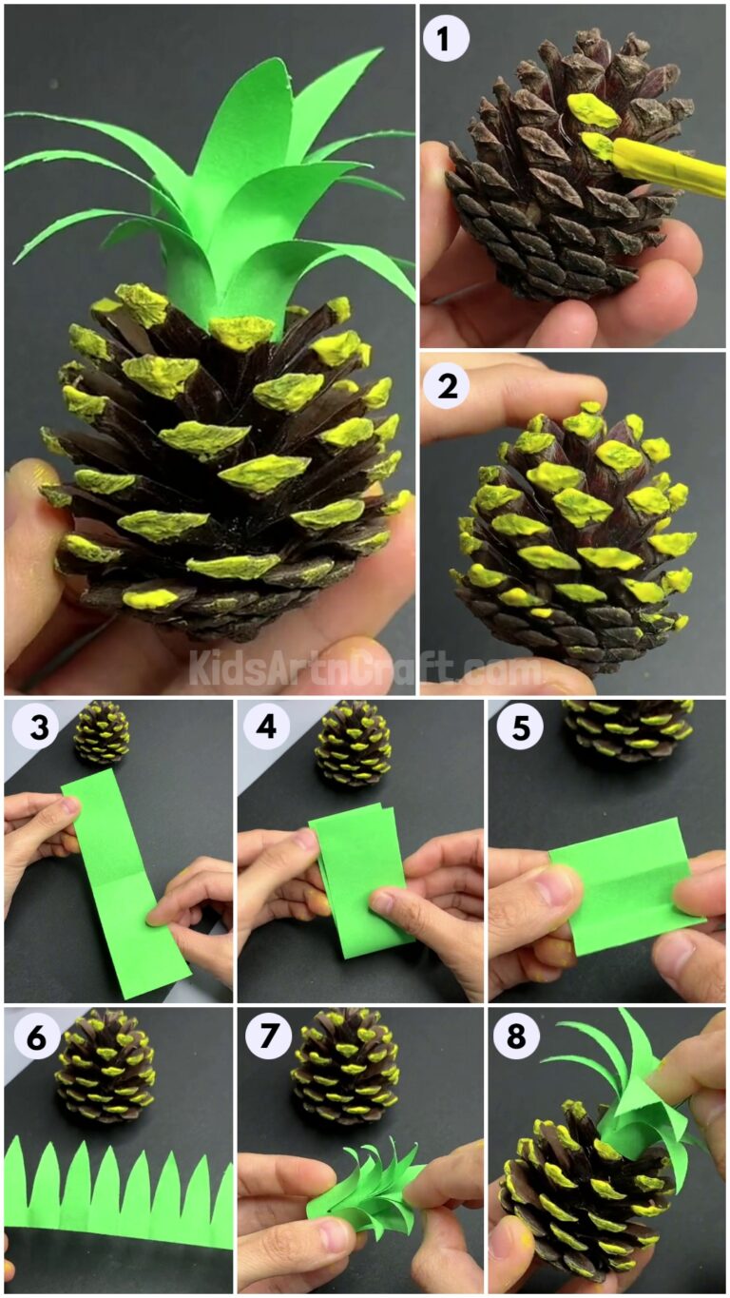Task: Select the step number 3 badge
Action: (x=35, y=728)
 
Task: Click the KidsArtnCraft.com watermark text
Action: (x=366, y=668)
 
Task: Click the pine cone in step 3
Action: (x=102, y=732)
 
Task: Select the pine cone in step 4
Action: (x=353, y=743)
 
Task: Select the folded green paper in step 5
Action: (x=623, y=884)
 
